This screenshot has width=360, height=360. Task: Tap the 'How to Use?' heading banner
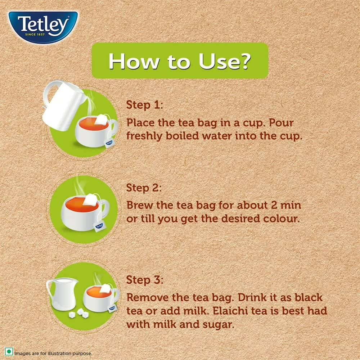tap(180, 61)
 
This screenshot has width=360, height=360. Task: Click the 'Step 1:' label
tap(144, 105)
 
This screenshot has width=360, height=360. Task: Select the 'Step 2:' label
tap(144, 188)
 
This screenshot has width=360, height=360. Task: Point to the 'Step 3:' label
tap(144, 280)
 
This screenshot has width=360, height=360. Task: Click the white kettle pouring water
tap(63, 106)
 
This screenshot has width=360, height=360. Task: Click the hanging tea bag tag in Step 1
tap(108, 143)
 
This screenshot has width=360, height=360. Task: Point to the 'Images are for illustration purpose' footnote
tap(53, 353)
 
